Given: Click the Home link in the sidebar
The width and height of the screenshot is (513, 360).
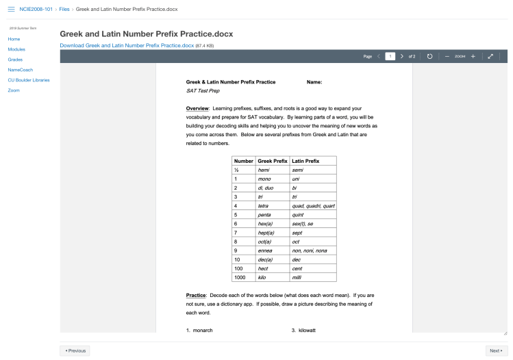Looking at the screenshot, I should point(14,39).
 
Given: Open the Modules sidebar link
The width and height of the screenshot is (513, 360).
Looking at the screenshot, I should point(17,49).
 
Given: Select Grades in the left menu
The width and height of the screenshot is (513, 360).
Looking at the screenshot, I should point(15,60).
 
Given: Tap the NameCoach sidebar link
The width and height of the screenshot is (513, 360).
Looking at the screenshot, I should point(21,70).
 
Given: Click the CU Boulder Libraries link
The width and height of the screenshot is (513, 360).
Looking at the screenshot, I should point(29,80).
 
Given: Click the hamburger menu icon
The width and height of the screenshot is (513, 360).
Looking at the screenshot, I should point(11,10).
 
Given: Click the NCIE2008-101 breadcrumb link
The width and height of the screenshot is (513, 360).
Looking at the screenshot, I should point(36,10).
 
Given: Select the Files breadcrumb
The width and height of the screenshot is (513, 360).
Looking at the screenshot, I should point(64,10).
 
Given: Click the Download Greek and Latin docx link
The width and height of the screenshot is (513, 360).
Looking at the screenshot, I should point(127,45).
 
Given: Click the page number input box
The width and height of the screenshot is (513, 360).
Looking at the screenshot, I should point(390,56).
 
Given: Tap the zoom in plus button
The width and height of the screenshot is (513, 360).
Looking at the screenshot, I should point(473,56).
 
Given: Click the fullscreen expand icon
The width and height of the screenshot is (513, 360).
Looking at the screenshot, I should point(490,56).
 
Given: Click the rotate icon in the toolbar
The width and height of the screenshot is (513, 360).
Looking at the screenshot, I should point(429,56).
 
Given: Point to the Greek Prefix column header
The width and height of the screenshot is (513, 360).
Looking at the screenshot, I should point(272,160).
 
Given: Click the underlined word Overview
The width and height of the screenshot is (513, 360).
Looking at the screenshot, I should point(198,108).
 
